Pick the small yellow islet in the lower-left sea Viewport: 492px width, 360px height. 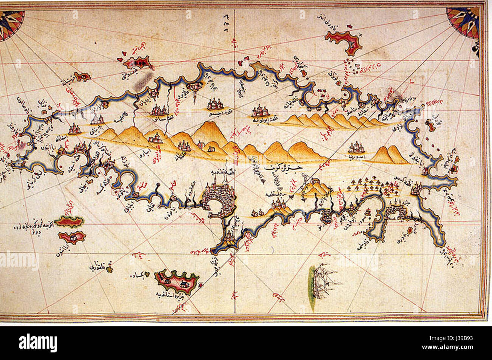coord(110,269)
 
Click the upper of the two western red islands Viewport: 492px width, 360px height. coord(69,221)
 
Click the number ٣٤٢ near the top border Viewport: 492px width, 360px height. coord(223,18)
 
